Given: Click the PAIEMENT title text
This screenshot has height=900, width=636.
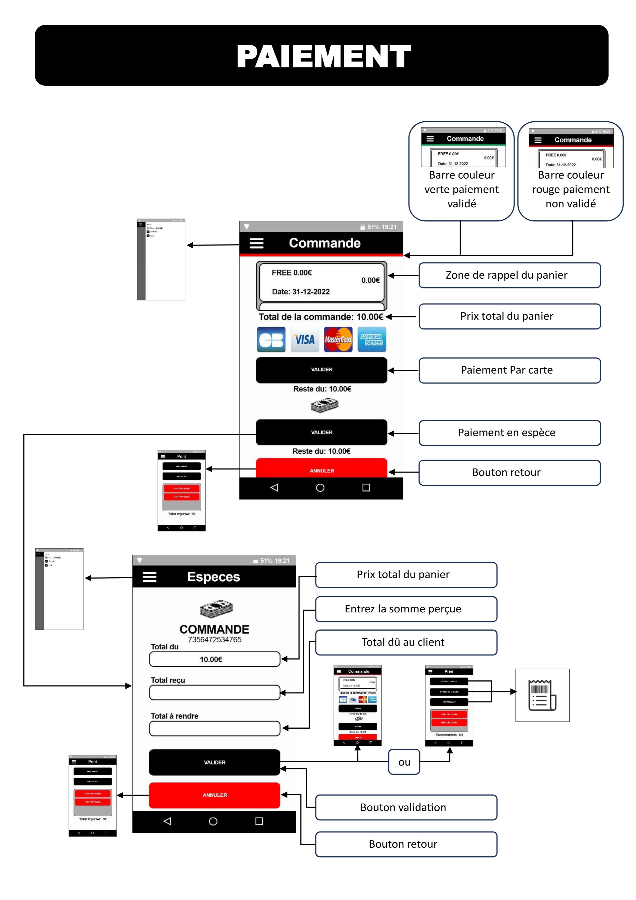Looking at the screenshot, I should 324,56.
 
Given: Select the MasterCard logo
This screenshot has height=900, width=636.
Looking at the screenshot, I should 338,339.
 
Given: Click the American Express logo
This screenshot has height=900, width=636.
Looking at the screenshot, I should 372,339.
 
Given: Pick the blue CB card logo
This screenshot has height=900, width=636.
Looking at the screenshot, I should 271,339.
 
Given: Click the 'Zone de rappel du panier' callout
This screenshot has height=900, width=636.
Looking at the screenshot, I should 509,276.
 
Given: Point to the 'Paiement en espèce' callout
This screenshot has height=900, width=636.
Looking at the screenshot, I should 509,433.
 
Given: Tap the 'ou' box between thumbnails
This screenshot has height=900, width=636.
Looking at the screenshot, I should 404,762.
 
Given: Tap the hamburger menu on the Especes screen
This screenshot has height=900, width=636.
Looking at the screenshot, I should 149,577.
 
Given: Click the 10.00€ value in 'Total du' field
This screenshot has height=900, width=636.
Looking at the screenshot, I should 211,659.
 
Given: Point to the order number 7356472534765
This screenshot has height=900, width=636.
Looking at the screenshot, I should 214,640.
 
